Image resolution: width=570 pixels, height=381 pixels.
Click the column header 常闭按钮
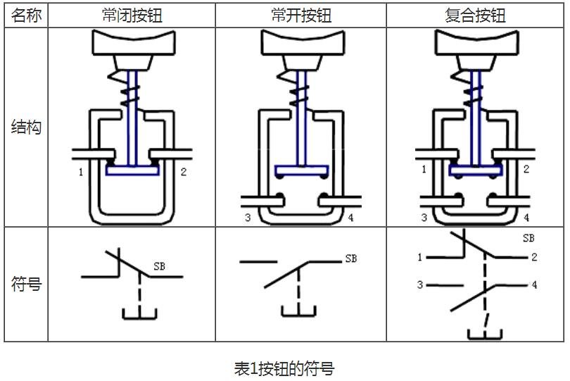point(132,15)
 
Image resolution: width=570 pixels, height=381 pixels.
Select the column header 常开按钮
point(301,15)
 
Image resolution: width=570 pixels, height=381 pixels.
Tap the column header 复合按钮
point(475,15)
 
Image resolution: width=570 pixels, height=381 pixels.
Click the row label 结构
point(26,127)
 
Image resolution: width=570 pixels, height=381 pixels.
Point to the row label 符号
point(26,284)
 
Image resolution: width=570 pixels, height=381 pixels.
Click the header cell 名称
point(26,15)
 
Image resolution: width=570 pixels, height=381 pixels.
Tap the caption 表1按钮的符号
point(284,368)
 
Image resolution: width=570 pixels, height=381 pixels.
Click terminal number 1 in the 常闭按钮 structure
point(81,172)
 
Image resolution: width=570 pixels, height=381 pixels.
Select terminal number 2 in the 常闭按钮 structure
point(183,172)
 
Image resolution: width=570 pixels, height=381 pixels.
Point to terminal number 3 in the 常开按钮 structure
point(248,218)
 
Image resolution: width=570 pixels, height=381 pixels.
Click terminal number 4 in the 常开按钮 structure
point(350,218)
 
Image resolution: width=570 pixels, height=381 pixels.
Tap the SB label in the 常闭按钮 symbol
point(159,266)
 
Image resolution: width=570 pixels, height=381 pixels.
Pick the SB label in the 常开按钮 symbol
point(351,258)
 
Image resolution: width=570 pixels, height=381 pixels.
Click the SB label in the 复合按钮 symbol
point(528,238)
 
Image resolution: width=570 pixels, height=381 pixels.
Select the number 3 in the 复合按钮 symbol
point(420,285)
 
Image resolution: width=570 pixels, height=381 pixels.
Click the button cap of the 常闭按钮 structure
point(134,42)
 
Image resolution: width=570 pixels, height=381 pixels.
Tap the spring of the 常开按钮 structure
point(293,89)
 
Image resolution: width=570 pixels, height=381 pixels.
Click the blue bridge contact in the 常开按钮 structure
point(302,170)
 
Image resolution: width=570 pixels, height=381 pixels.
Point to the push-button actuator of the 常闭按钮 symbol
point(139,313)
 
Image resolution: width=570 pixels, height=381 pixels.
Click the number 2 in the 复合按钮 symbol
point(534,257)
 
